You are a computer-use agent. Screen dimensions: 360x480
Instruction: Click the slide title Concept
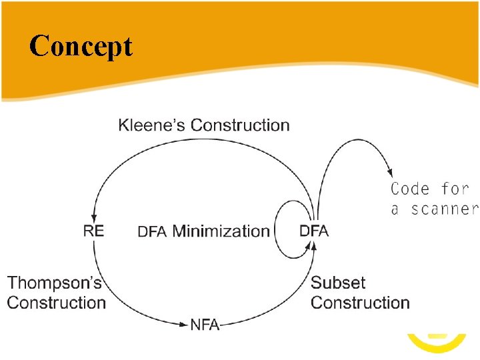(81, 47)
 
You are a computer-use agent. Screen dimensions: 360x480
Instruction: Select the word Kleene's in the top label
(152, 125)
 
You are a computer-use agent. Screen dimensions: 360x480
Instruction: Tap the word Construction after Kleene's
(240, 125)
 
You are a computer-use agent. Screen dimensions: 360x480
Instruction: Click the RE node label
(93, 231)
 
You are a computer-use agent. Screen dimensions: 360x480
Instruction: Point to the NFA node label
(205, 325)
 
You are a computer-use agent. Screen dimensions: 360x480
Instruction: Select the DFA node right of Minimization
(314, 231)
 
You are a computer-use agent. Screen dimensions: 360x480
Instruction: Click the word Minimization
(221, 231)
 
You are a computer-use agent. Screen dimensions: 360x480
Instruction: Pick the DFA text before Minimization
(153, 232)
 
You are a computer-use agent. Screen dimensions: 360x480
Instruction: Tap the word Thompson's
(55, 283)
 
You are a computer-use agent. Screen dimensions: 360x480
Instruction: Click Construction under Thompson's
(57, 303)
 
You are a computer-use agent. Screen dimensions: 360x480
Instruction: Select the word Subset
(338, 283)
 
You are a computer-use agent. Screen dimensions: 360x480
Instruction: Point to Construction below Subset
(360, 303)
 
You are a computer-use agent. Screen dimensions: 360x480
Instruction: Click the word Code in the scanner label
(410, 189)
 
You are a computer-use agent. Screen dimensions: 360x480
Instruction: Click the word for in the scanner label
(455, 189)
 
